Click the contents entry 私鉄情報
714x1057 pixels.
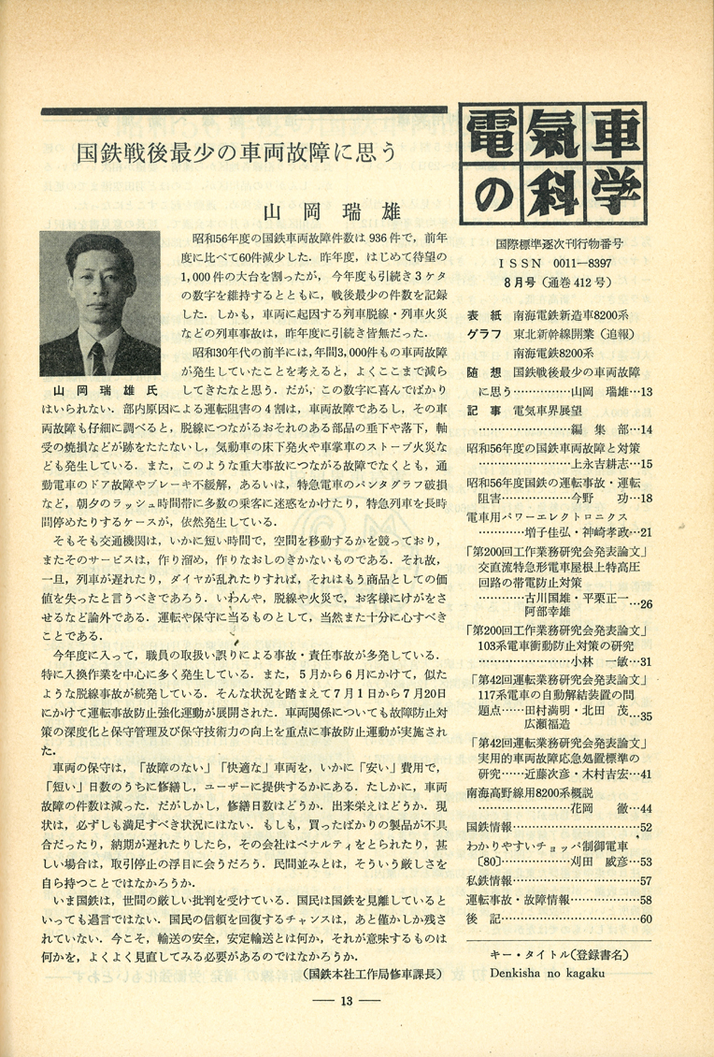click(x=489, y=880)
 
